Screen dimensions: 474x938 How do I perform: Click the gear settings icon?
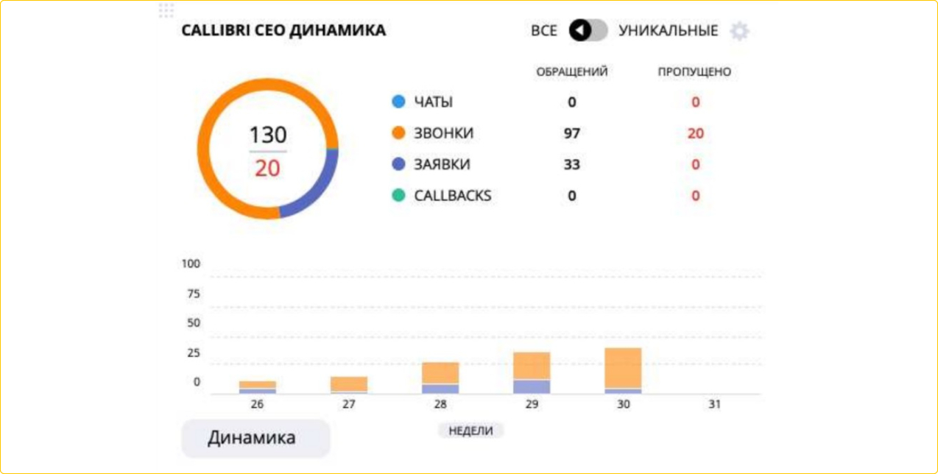click(739, 31)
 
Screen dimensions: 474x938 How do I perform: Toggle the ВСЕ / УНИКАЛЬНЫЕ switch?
click(588, 31)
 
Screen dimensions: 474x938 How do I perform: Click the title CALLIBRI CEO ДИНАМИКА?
click(283, 31)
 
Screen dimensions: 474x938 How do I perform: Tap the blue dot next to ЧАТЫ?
click(399, 102)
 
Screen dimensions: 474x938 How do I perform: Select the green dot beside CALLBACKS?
click(399, 197)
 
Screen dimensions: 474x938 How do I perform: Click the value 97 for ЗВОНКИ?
click(572, 134)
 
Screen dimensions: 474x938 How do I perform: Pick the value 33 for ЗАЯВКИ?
click(572, 165)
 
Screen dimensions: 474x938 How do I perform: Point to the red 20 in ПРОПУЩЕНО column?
click(695, 134)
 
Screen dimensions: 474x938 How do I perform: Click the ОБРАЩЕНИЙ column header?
click(572, 72)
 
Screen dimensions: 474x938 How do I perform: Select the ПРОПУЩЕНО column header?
click(694, 72)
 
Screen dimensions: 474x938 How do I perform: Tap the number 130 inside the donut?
click(268, 135)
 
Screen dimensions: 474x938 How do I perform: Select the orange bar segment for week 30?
click(623, 367)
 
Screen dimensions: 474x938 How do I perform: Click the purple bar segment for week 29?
click(532, 386)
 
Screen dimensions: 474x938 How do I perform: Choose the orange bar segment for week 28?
click(440, 372)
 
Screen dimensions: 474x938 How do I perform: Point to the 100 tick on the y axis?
click(191, 264)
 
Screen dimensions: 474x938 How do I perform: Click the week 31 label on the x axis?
click(714, 405)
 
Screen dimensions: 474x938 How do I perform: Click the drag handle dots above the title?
click(166, 10)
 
